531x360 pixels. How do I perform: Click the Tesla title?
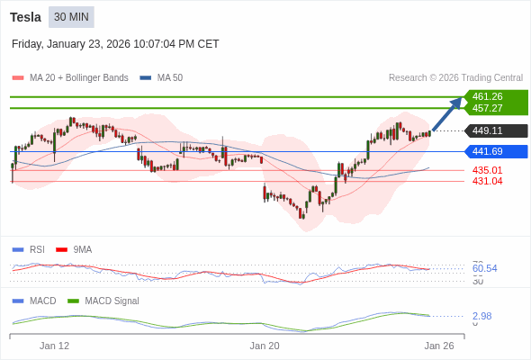coord(25,16)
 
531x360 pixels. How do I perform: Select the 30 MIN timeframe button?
coord(71,16)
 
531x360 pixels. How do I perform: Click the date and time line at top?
coord(115,43)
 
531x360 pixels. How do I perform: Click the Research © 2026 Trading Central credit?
coord(455,77)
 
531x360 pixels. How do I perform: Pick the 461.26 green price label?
coord(487,96)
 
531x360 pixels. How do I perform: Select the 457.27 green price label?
coord(487,108)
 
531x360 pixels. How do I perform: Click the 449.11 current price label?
coord(487,130)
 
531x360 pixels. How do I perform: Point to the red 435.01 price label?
coord(487,170)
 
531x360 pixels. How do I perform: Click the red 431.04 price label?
coord(487,181)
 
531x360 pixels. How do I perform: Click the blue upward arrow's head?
coord(457,101)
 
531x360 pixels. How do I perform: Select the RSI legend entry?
coord(36,249)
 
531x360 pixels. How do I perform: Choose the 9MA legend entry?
coord(82,249)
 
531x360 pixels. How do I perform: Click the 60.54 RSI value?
coord(484,268)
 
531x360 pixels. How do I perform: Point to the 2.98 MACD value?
coord(481,316)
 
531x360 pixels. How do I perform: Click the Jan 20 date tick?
coord(265,345)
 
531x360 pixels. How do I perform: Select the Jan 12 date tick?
coord(54,345)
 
